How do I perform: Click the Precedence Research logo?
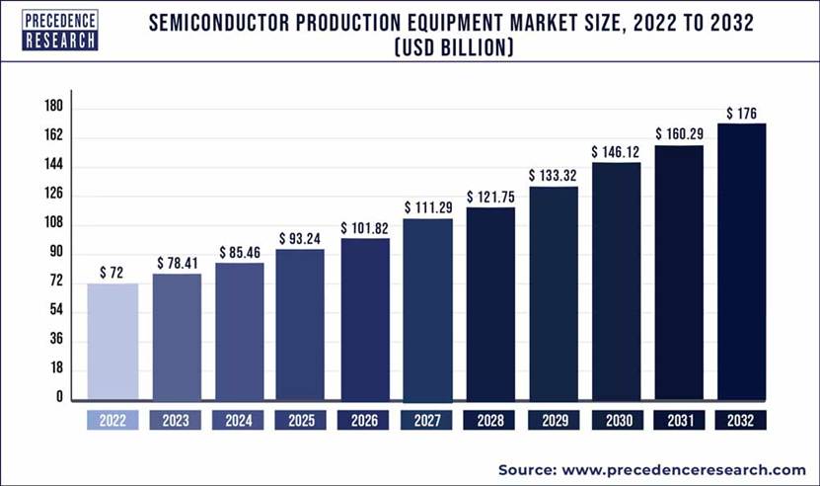coord(60,29)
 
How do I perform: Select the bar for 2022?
coord(112,341)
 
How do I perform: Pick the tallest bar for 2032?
coord(742,261)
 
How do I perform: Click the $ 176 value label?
coord(742,112)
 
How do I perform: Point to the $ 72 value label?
coord(112,272)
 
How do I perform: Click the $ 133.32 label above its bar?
coord(554,175)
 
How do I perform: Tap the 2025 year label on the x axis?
coord(300,420)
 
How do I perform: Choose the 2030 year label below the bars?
coord(616,420)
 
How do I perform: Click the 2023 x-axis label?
coord(175,420)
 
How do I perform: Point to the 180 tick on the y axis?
coord(53,107)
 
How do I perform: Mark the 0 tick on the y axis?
coord(59,397)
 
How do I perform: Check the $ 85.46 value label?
coord(239,251)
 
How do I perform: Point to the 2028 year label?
coord(490,420)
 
